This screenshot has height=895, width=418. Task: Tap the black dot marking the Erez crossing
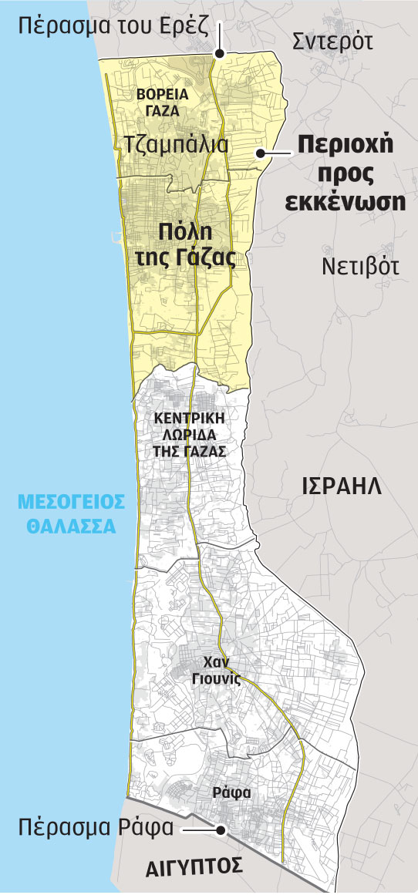219,54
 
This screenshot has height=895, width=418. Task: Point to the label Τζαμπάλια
176,144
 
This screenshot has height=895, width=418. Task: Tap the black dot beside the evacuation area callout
262,153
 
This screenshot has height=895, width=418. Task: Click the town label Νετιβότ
359,267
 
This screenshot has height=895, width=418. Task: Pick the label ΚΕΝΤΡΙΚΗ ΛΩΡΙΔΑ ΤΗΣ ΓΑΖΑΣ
190,435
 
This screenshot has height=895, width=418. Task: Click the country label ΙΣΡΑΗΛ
341,486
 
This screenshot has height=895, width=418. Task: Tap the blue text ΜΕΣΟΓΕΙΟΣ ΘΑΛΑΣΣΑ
71,514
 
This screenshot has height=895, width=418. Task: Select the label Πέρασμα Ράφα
96,829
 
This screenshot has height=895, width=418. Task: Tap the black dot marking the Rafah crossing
221,830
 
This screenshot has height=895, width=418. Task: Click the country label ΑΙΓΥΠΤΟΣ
195,866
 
